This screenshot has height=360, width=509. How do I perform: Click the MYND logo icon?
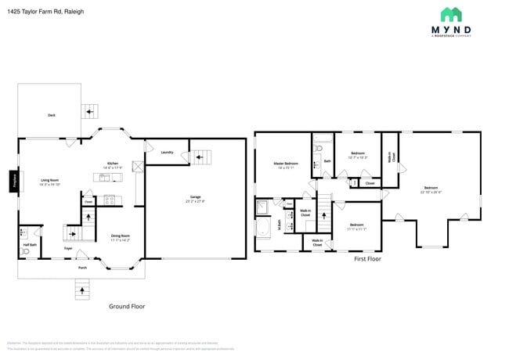click(x=450, y=14)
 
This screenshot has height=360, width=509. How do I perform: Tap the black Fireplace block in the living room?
click(x=14, y=182)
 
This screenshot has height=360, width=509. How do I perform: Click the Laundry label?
click(x=167, y=152)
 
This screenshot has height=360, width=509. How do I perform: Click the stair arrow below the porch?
click(x=81, y=290)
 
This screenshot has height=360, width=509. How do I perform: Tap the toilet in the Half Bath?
click(x=26, y=232)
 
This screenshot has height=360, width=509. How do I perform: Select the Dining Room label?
click(x=120, y=237)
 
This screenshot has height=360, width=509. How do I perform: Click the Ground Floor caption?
click(x=127, y=307)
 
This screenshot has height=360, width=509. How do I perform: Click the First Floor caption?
click(x=367, y=258)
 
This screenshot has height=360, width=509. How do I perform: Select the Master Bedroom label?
click(x=286, y=164)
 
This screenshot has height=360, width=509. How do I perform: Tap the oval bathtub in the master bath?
click(x=263, y=228)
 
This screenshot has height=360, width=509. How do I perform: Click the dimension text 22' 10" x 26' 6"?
click(x=431, y=192)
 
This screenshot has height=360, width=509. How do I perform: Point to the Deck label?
click(x=52, y=115)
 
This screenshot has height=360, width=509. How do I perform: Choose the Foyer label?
click(x=68, y=248)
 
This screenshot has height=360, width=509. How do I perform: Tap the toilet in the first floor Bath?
click(x=316, y=165)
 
